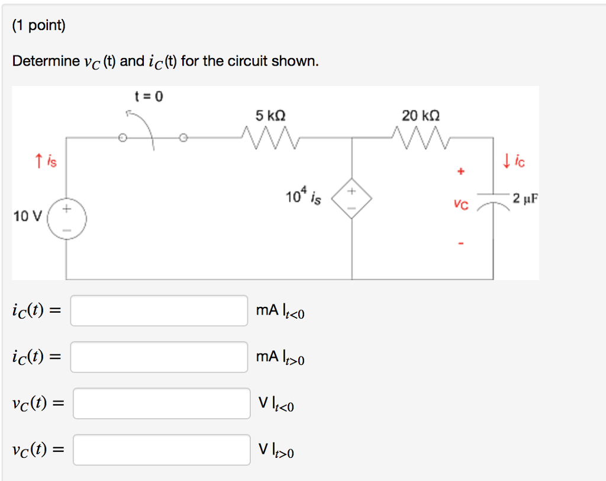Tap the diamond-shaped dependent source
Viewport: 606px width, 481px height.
352,200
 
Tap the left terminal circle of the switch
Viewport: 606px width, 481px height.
123,139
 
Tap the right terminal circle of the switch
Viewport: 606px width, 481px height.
183,139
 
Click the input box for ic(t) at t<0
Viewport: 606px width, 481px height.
159,311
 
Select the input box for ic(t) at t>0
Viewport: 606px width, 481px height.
159,357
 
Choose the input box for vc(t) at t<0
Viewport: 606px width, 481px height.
161,403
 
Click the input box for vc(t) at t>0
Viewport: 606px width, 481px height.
161,450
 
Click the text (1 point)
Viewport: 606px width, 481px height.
39,25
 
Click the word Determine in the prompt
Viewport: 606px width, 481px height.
46,61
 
